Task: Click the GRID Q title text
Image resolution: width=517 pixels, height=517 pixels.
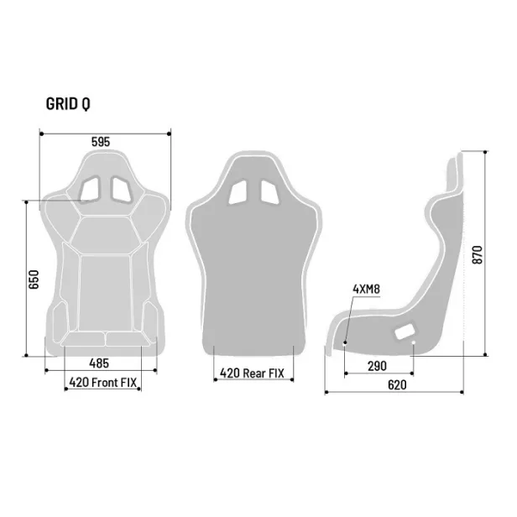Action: click(x=69, y=104)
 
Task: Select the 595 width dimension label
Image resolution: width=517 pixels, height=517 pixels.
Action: click(x=101, y=142)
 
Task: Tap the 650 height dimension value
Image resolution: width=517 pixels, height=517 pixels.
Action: click(x=34, y=279)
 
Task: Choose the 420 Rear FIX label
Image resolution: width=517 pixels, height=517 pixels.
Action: click(x=253, y=373)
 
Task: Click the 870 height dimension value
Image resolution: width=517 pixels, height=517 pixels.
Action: click(x=478, y=254)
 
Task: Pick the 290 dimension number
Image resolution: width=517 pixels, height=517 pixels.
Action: click(x=379, y=366)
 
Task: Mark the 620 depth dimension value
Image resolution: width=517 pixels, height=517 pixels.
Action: click(x=397, y=385)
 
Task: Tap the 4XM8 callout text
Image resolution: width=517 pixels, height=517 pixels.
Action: click(x=366, y=290)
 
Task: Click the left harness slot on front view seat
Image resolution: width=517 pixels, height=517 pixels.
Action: click(x=90, y=190)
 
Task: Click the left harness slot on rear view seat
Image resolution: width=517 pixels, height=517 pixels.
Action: click(x=239, y=191)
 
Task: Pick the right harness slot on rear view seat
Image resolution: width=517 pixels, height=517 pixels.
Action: click(x=269, y=191)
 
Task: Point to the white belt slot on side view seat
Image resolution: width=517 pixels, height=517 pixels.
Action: click(x=405, y=332)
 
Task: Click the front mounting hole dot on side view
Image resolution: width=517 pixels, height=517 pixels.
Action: click(x=345, y=342)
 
